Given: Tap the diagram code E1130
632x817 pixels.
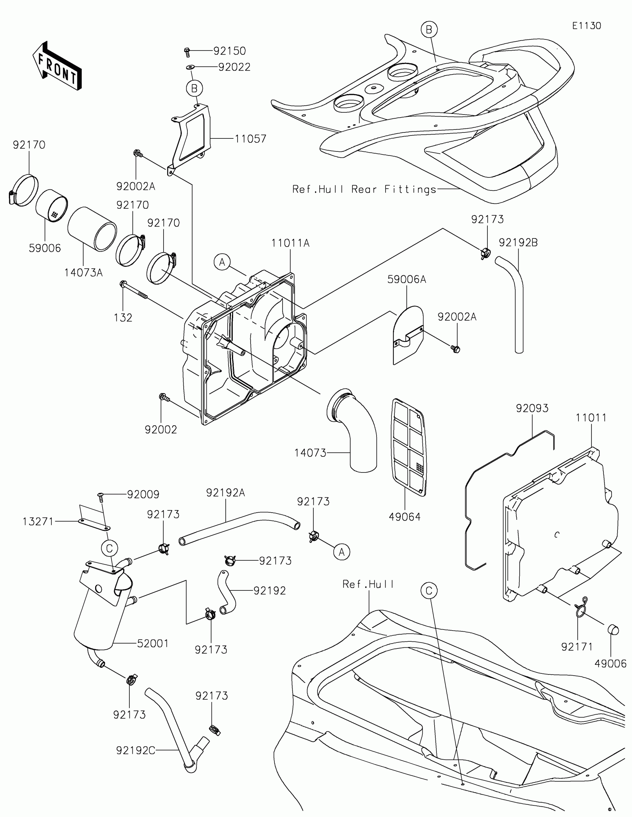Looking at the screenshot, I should click(586, 26).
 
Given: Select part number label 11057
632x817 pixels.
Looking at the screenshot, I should click(251, 139).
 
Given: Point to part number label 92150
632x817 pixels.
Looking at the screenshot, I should click(229, 51).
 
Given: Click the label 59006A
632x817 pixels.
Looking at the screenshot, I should click(407, 279).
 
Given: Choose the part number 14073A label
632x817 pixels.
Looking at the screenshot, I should click(83, 273).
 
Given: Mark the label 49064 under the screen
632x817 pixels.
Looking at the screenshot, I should click(405, 517).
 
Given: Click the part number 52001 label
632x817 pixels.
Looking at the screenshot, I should click(153, 643).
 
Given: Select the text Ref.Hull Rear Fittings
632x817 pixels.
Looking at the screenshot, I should click(364, 189).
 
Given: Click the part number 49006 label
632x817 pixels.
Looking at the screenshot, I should click(610, 664).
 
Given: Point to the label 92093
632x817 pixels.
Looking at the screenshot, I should click(532, 408).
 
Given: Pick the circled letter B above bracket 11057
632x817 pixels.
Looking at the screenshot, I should click(194, 89).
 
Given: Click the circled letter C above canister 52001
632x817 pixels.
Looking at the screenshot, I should click(110, 548).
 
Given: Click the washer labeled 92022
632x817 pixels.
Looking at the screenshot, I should click(190, 67).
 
